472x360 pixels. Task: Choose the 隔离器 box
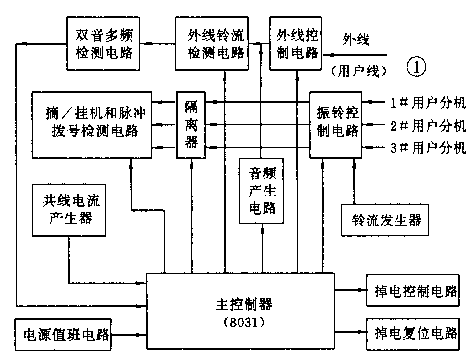coord(191,124)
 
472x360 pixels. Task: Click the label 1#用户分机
coord(428,103)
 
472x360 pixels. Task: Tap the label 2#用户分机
coord(428,125)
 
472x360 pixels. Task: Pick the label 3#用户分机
coord(428,148)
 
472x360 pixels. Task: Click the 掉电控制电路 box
coord(412,291)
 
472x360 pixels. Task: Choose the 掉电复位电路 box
coord(412,334)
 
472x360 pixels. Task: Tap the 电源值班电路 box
coord(66,335)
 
